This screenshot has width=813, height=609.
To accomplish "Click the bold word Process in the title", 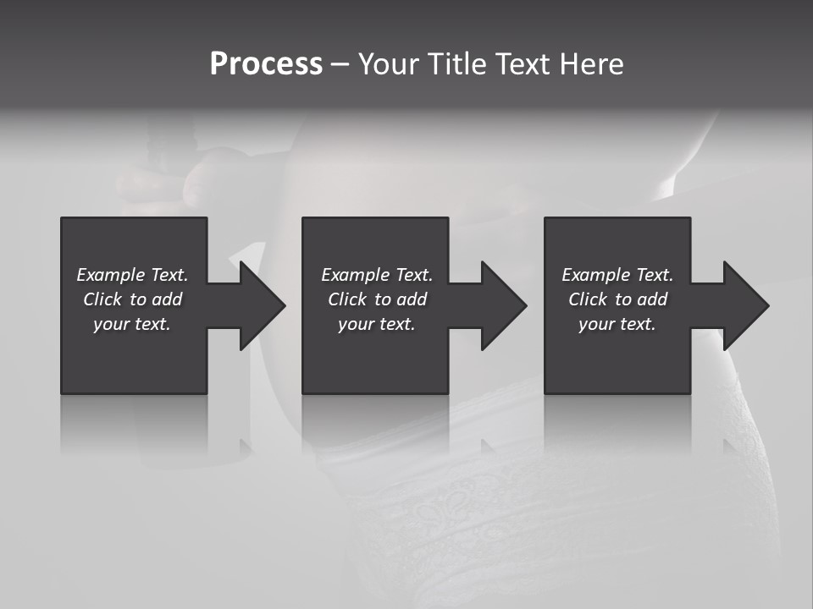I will (x=266, y=64).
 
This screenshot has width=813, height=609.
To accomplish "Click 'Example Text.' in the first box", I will (x=132, y=275).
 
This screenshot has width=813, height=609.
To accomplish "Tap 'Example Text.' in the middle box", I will (x=377, y=275).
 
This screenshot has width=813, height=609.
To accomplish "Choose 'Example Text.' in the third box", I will (x=617, y=275).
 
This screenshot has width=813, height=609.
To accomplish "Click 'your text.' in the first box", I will (x=132, y=324).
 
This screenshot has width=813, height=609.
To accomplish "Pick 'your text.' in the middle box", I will (x=377, y=324).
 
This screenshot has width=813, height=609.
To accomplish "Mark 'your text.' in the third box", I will (x=617, y=324).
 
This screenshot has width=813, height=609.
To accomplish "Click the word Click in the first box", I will (x=102, y=299).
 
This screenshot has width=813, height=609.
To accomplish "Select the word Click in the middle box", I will (x=347, y=299).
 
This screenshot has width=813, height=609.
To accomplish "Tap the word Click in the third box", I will (x=588, y=299).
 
